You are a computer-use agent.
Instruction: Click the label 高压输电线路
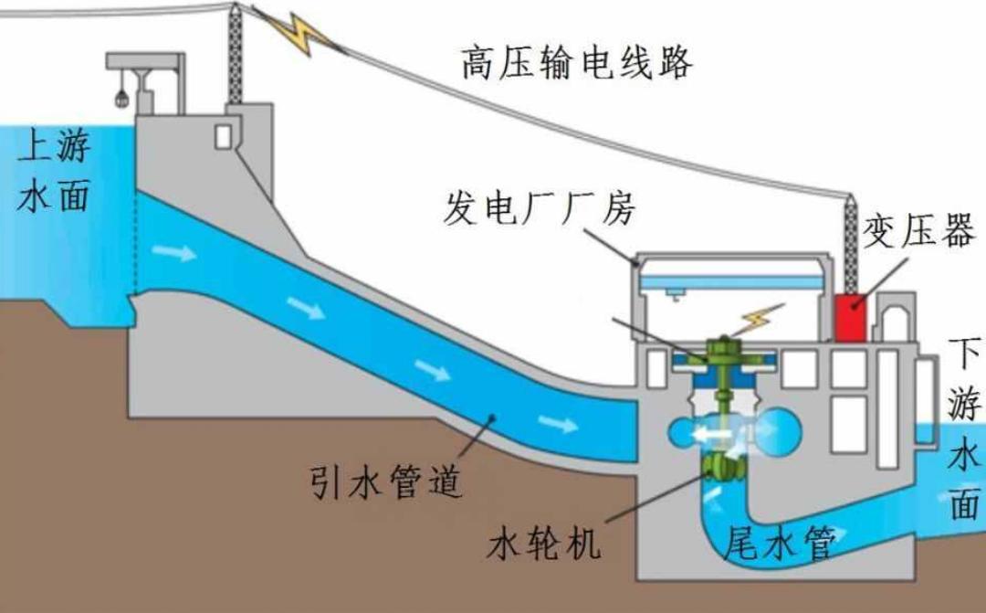click(577, 63)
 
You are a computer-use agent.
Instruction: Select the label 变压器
click(918, 233)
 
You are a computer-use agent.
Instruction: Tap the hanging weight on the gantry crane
click(121, 95)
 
